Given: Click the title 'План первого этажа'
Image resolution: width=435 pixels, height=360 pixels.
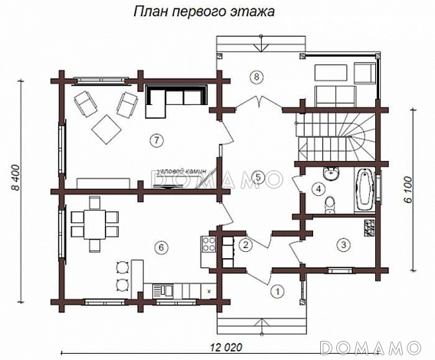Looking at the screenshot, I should point(204,12).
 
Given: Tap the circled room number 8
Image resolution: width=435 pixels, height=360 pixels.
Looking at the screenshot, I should point(257,76).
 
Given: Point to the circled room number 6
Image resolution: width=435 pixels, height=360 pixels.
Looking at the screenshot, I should point(160,247).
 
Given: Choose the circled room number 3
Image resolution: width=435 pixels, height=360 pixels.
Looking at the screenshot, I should point(344,244).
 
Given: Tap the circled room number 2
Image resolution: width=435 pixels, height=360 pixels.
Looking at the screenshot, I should point(245,245).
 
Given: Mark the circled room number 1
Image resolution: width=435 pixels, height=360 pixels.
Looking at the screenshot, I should point(277,290).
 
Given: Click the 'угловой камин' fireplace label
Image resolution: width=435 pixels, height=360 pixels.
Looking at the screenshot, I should point(179,172).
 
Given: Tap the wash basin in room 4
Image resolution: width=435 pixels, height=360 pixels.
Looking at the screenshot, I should point(331,172).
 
